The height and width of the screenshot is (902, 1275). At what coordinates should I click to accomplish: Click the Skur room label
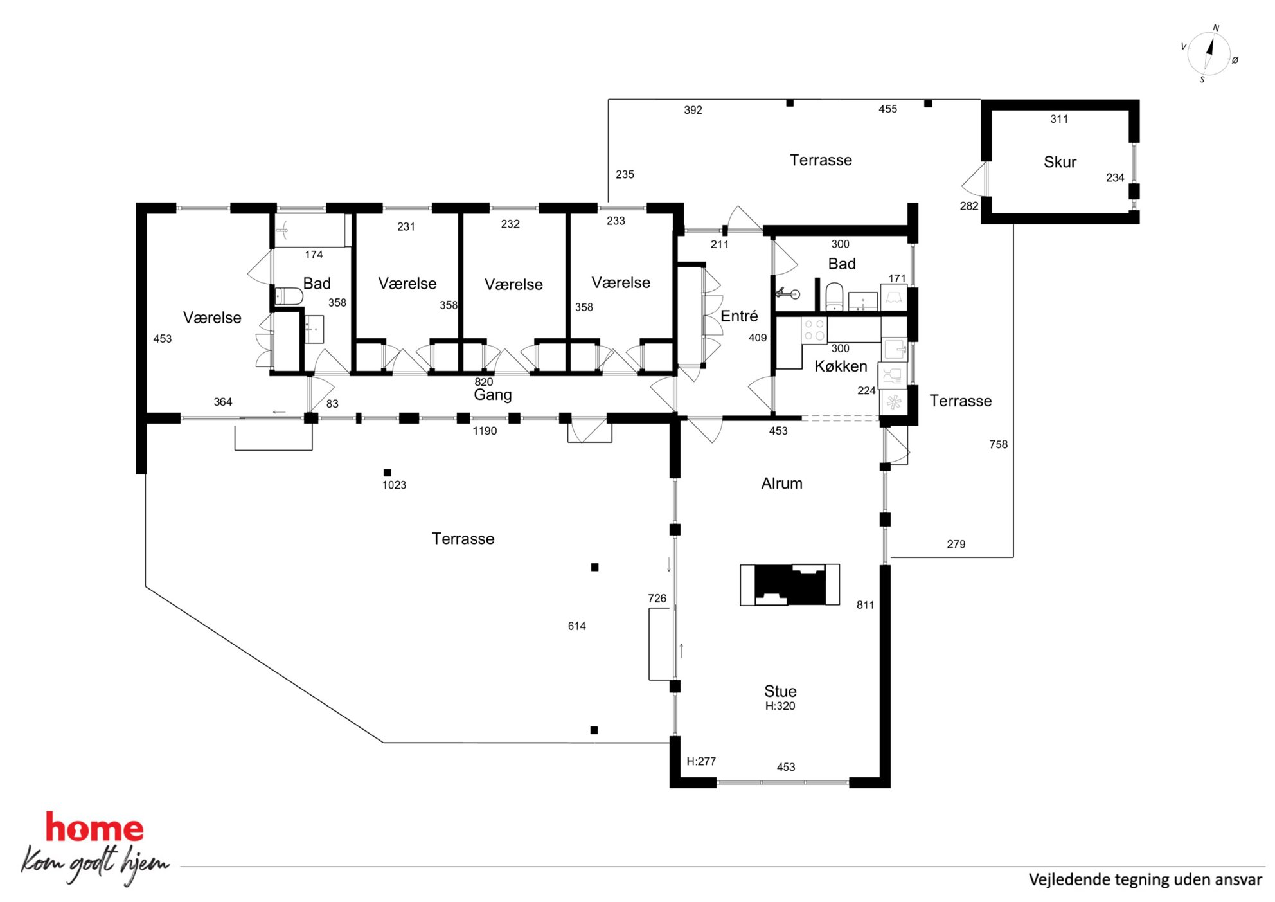[1060, 162]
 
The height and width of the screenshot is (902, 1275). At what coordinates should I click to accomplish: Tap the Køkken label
[841, 366]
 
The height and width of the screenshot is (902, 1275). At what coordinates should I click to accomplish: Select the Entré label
[739, 316]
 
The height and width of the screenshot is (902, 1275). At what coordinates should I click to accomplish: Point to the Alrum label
[781, 483]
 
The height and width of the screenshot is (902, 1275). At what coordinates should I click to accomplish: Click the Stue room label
[780, 691]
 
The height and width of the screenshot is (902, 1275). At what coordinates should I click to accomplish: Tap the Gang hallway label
[493, 395]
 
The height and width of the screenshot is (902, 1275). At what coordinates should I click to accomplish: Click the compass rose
[1209, 54]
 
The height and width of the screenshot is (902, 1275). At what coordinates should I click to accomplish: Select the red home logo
[94, 828]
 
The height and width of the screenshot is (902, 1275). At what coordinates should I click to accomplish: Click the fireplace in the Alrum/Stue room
[790, 584]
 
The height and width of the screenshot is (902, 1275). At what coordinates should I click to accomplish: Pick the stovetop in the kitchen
[814, 330]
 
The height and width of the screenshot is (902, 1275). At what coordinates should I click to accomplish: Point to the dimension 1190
[485, 431]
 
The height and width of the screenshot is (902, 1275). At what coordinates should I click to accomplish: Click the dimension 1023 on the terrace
[394, 485]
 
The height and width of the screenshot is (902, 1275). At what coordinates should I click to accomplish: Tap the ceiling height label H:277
[701, 761]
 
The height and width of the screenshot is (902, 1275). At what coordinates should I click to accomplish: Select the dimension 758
[998, 444]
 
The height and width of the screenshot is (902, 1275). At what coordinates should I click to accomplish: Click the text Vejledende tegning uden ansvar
[1145, 879]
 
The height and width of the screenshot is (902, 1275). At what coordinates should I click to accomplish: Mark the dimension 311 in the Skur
[1059, 119]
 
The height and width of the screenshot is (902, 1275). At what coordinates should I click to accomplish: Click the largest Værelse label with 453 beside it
[212, 318]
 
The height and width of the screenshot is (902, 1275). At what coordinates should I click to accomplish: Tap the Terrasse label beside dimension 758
[960, 401]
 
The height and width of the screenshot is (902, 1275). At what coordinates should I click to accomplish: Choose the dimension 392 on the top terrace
[693, 110]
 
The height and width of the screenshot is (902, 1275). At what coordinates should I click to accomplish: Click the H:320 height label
[780, 706]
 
